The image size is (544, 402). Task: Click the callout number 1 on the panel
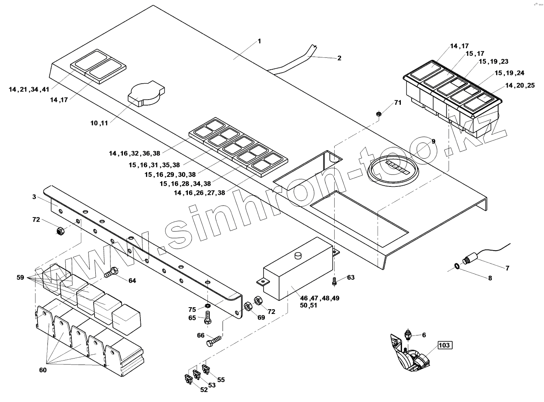coord(259,41)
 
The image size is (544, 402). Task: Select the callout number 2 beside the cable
coord(339,58)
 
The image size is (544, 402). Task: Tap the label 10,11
coord(99,123)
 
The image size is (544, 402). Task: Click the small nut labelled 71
coord(378,114)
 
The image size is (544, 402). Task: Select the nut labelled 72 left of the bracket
coord(59,230)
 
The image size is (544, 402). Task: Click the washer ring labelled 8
coord(457,266)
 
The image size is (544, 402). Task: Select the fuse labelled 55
coord(206,369)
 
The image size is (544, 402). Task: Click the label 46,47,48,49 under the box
coord(319,298)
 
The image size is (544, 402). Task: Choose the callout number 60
coord(43,370)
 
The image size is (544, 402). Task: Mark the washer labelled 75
coord(207,306)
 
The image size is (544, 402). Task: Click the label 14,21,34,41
coord(29,90)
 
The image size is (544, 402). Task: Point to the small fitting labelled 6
coord(408,334)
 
